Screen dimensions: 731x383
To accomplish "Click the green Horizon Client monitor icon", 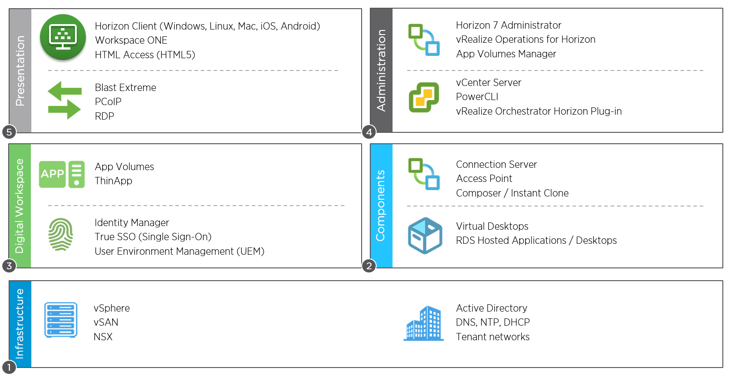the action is coord(63,37).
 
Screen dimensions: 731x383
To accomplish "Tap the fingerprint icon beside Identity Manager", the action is coord(61,234).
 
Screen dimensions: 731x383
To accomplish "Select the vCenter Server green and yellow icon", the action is coord(423,97).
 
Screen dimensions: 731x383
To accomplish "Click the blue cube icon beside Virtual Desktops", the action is coord(425,235).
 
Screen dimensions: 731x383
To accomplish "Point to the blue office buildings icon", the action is coord(423,323).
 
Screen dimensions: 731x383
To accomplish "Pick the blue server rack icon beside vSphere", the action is coord(61,320).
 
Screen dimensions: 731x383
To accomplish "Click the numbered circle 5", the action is coord(9,132).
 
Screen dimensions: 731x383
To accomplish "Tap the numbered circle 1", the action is coord(9,368).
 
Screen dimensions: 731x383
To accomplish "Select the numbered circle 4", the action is coord(369,132).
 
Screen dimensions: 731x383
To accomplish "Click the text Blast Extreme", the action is coord(125,88).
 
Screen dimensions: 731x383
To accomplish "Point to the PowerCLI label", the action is coord(477,97).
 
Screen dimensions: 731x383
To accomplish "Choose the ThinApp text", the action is coord(113,181).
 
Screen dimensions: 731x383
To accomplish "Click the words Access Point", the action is coord(484,178).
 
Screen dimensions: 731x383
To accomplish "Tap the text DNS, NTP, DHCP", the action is coord(493,322).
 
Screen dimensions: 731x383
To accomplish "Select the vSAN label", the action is coord(106,322).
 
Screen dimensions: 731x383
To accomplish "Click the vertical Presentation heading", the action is coord(20,71).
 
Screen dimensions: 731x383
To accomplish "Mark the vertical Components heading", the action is coord(381,206).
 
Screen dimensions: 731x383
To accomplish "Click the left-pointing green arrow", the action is coord(65,91).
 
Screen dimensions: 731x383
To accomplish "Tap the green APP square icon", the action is coord(52,174).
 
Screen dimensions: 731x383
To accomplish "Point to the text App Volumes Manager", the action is coord(506,54).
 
